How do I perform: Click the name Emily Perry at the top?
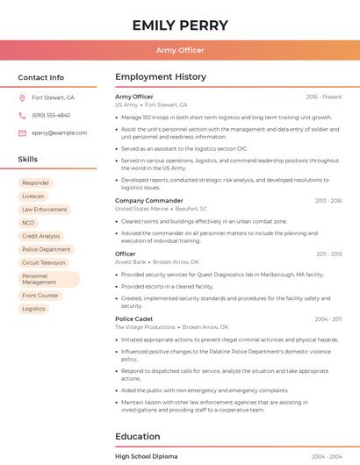[180, 25]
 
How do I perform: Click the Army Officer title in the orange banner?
[180, 50]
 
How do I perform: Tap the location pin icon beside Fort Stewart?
[23, 98]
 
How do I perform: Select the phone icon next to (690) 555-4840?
[23, 116]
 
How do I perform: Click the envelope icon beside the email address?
[23, 133]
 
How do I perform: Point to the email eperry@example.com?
[60, 133]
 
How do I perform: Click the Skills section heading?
[28, 160]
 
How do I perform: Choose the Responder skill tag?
[36, 183]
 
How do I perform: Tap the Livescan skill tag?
[33, 197]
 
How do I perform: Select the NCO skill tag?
[29, 223]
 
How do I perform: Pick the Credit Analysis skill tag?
[41, 236]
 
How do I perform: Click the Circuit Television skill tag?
[44, 262]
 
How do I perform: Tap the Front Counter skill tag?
[40, 296]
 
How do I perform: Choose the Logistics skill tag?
[34, 309]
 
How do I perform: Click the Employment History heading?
[161, 77]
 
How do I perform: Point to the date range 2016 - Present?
[324, 97]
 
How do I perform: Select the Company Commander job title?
[149, 201]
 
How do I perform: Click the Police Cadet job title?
[134, 319]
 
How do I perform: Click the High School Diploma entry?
[147, 457]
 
